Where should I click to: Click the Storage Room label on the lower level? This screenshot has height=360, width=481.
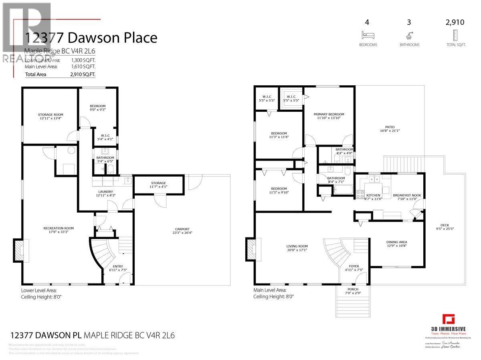point(51,115)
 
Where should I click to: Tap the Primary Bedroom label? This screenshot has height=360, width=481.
point(329,114)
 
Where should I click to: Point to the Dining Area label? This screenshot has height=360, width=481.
point(396,242)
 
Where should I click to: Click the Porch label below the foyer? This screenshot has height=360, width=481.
point(353,290)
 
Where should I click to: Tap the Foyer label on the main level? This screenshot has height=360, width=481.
point(354,266)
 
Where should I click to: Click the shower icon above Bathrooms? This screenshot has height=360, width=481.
point(409,35)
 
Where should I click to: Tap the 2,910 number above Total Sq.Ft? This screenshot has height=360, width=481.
point(455,22)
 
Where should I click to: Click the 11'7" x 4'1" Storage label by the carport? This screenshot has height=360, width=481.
point(159,185)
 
